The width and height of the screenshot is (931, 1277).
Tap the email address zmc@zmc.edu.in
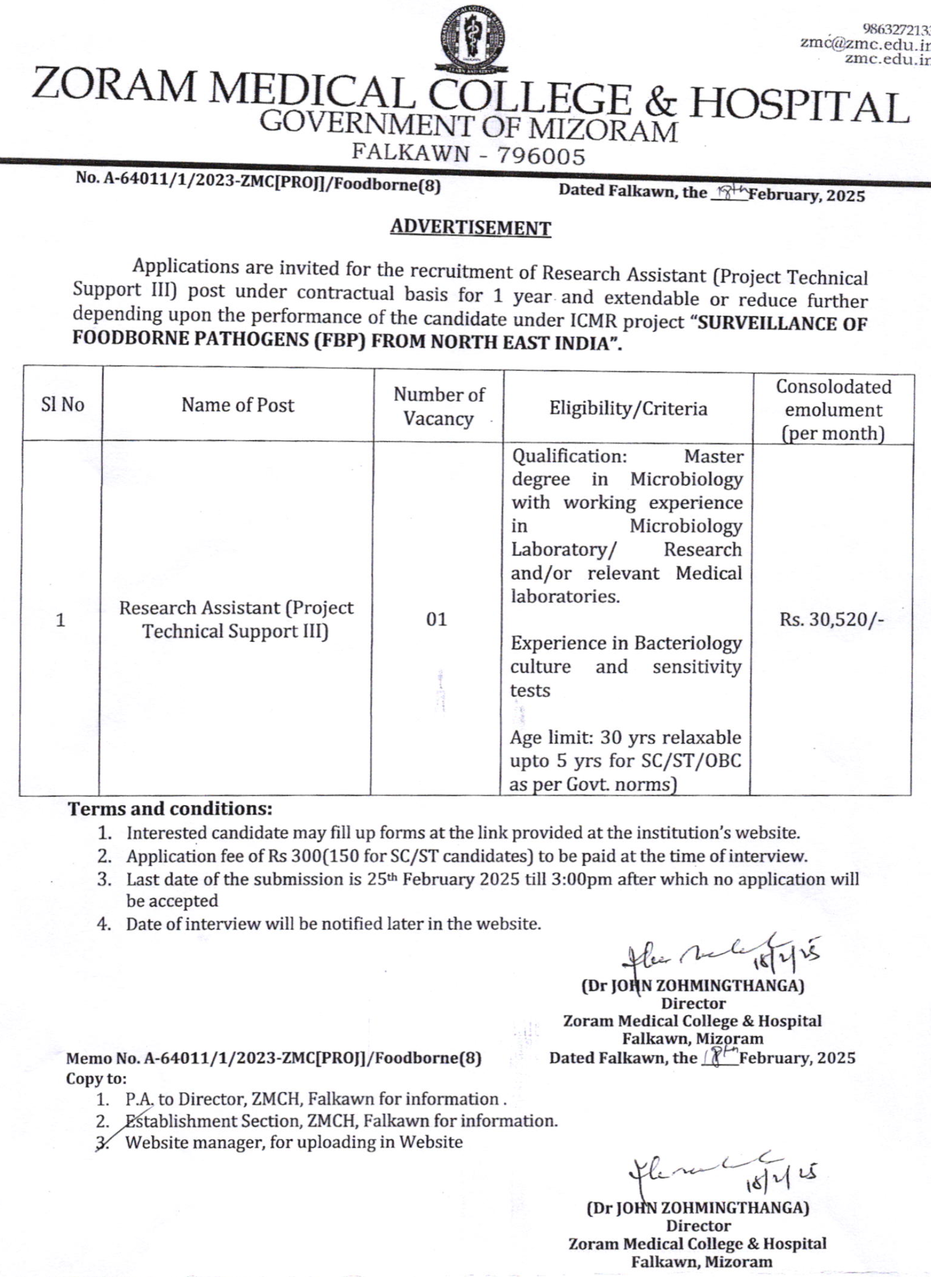pos(865,43)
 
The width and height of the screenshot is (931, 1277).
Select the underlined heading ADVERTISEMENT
pos(471,228)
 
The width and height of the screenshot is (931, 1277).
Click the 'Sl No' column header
pos(63,405)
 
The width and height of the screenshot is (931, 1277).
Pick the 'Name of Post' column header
pos(237,405)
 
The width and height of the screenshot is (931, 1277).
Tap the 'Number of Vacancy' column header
pos(438,406)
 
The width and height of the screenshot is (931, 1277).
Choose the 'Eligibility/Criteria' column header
pos(628,408)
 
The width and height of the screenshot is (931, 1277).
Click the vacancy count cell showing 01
pos(436,619)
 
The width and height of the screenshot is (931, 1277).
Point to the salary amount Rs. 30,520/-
pos(831,619)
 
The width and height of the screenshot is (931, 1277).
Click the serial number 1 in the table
pos(60,621)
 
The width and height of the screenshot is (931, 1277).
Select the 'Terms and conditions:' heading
pos(170,808)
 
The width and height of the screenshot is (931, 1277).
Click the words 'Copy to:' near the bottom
pos(96,1079)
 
